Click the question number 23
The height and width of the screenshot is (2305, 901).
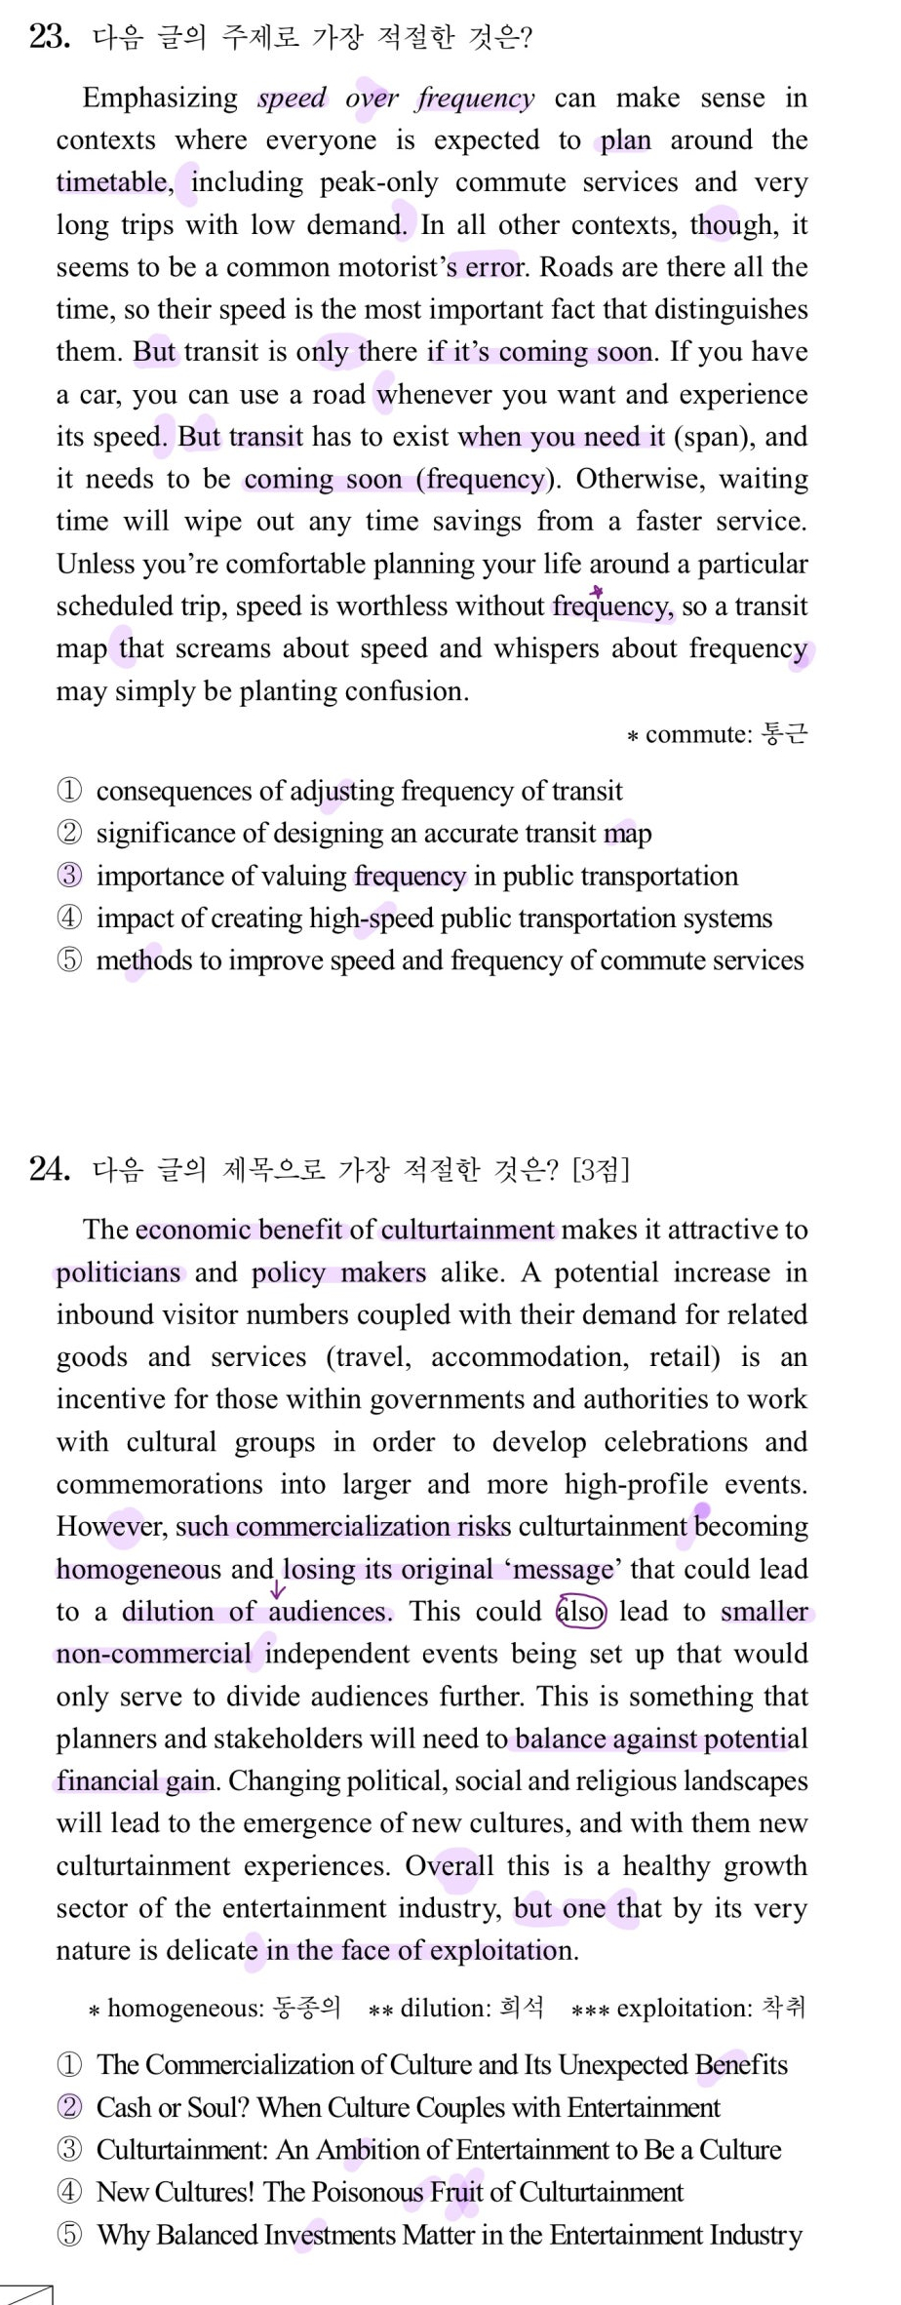pos(49,37)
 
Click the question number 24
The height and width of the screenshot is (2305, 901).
pos(49,1168)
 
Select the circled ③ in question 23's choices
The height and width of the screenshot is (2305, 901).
pos(69,876)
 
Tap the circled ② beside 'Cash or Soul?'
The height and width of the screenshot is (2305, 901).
pos(69,2107)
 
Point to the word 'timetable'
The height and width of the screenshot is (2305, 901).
pos(112,182)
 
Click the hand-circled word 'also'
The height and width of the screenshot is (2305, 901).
pos(581,1611)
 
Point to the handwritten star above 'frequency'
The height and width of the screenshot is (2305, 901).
pos(597,590)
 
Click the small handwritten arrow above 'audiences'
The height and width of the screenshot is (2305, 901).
pos(279,1590)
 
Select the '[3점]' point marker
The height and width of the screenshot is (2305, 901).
pos(601,1168)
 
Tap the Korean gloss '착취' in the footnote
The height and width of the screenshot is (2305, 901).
pos(784,2008)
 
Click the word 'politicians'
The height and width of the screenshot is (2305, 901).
pos(118,1272)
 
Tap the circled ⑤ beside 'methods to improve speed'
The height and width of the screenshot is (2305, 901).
pos(69,960)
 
